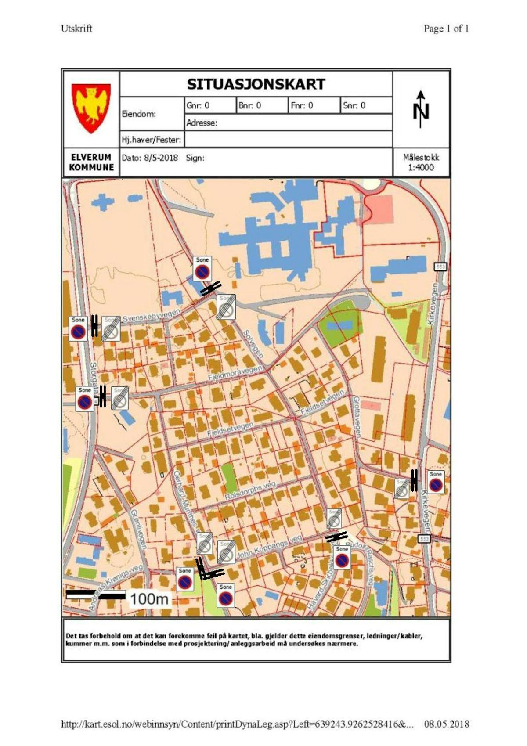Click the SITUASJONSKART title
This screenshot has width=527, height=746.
[x=256, y=84]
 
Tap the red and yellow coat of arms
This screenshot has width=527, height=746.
[x=91, y=108]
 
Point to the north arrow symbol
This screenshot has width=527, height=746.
[x=421, y=109]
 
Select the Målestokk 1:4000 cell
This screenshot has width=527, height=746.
[x=421, y=162]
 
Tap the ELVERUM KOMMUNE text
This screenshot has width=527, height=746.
[x=91, y=162]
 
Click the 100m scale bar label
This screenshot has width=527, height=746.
[x=149, y=598]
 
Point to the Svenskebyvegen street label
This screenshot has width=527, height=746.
[x=152, y=316]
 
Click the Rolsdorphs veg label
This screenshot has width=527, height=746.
[x=250, y=491]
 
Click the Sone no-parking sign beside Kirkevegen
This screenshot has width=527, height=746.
[x=435, y=482]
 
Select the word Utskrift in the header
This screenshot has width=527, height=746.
[x=77, y=29]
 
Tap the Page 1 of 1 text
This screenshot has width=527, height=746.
[x=446, y=29]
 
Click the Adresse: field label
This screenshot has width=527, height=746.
[x=202, y=123]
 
